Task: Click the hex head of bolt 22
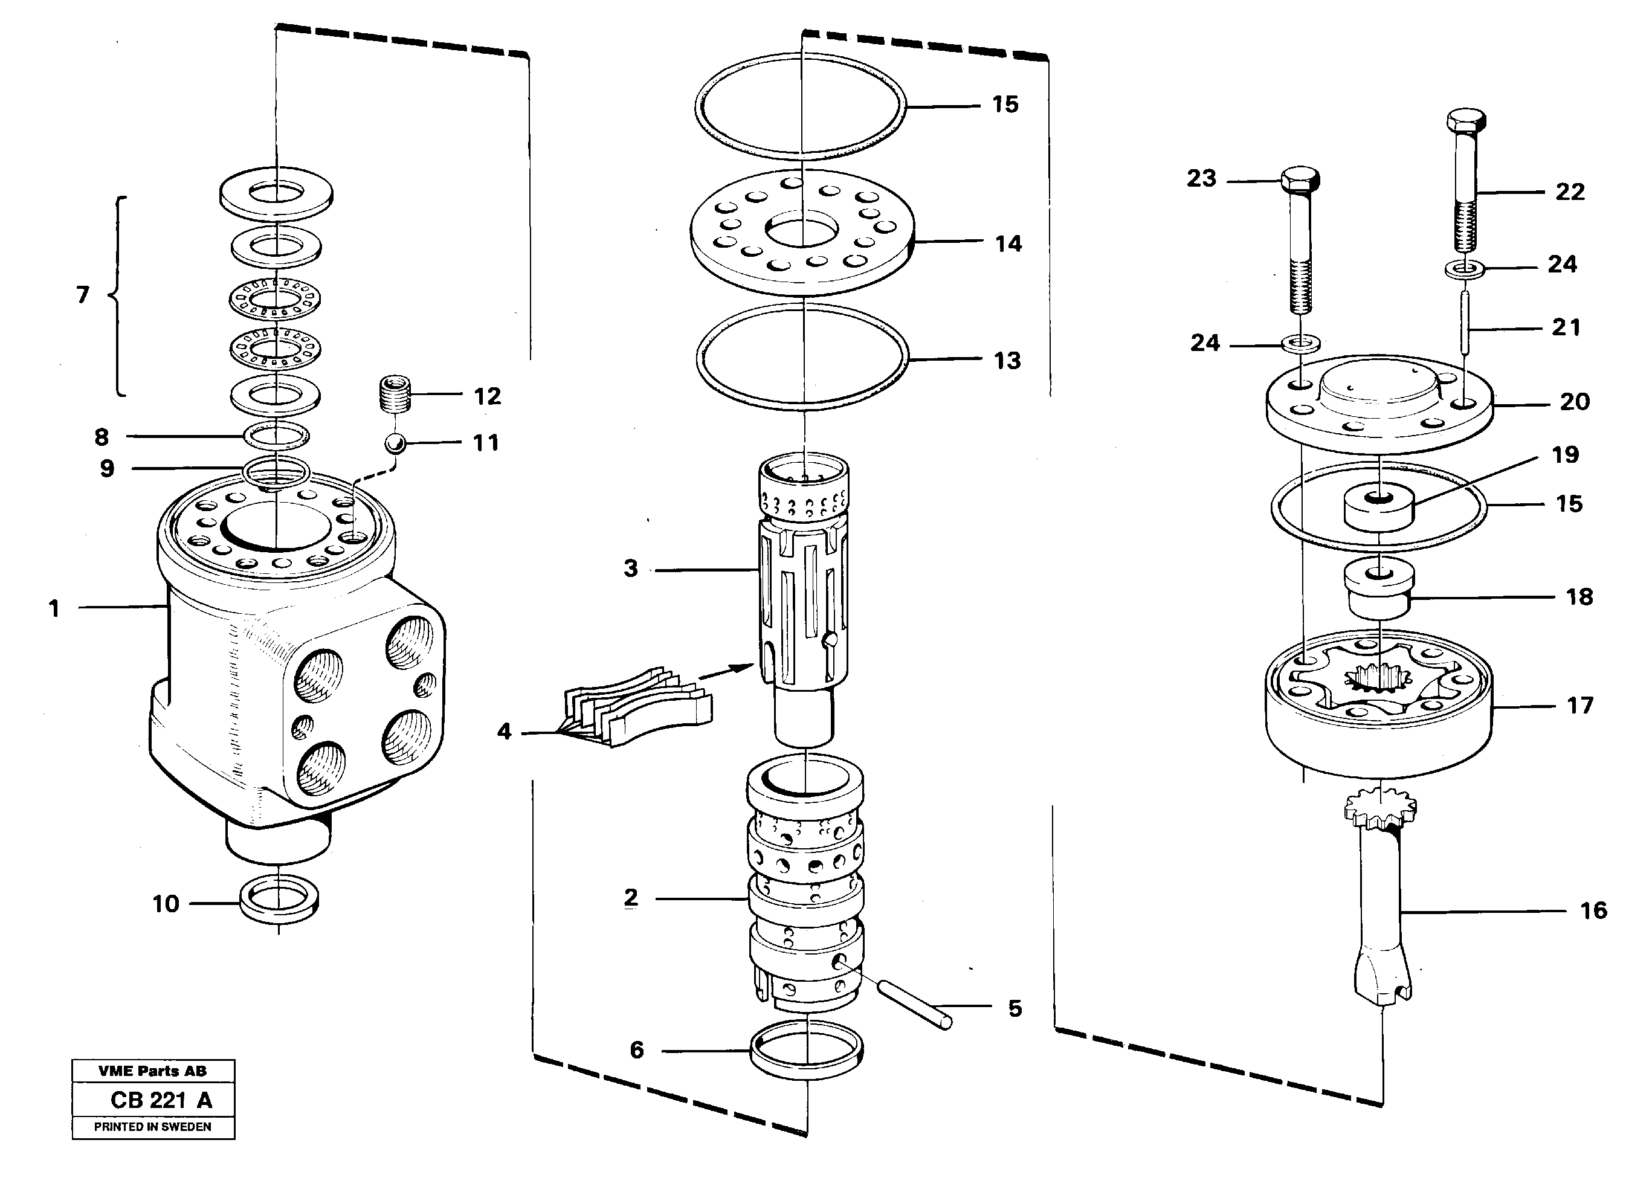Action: [x=1466, y=121]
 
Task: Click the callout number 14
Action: [x=1008, y=244]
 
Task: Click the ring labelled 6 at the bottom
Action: [x=807, y=1051]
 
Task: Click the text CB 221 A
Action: [x=161, y=1100]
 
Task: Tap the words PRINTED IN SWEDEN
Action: [x=153, y=1127]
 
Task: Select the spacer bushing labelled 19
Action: [x=1379, y=509]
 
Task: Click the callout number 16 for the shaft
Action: [x=1593, y=910]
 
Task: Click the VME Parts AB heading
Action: [x=153, y=1071]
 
